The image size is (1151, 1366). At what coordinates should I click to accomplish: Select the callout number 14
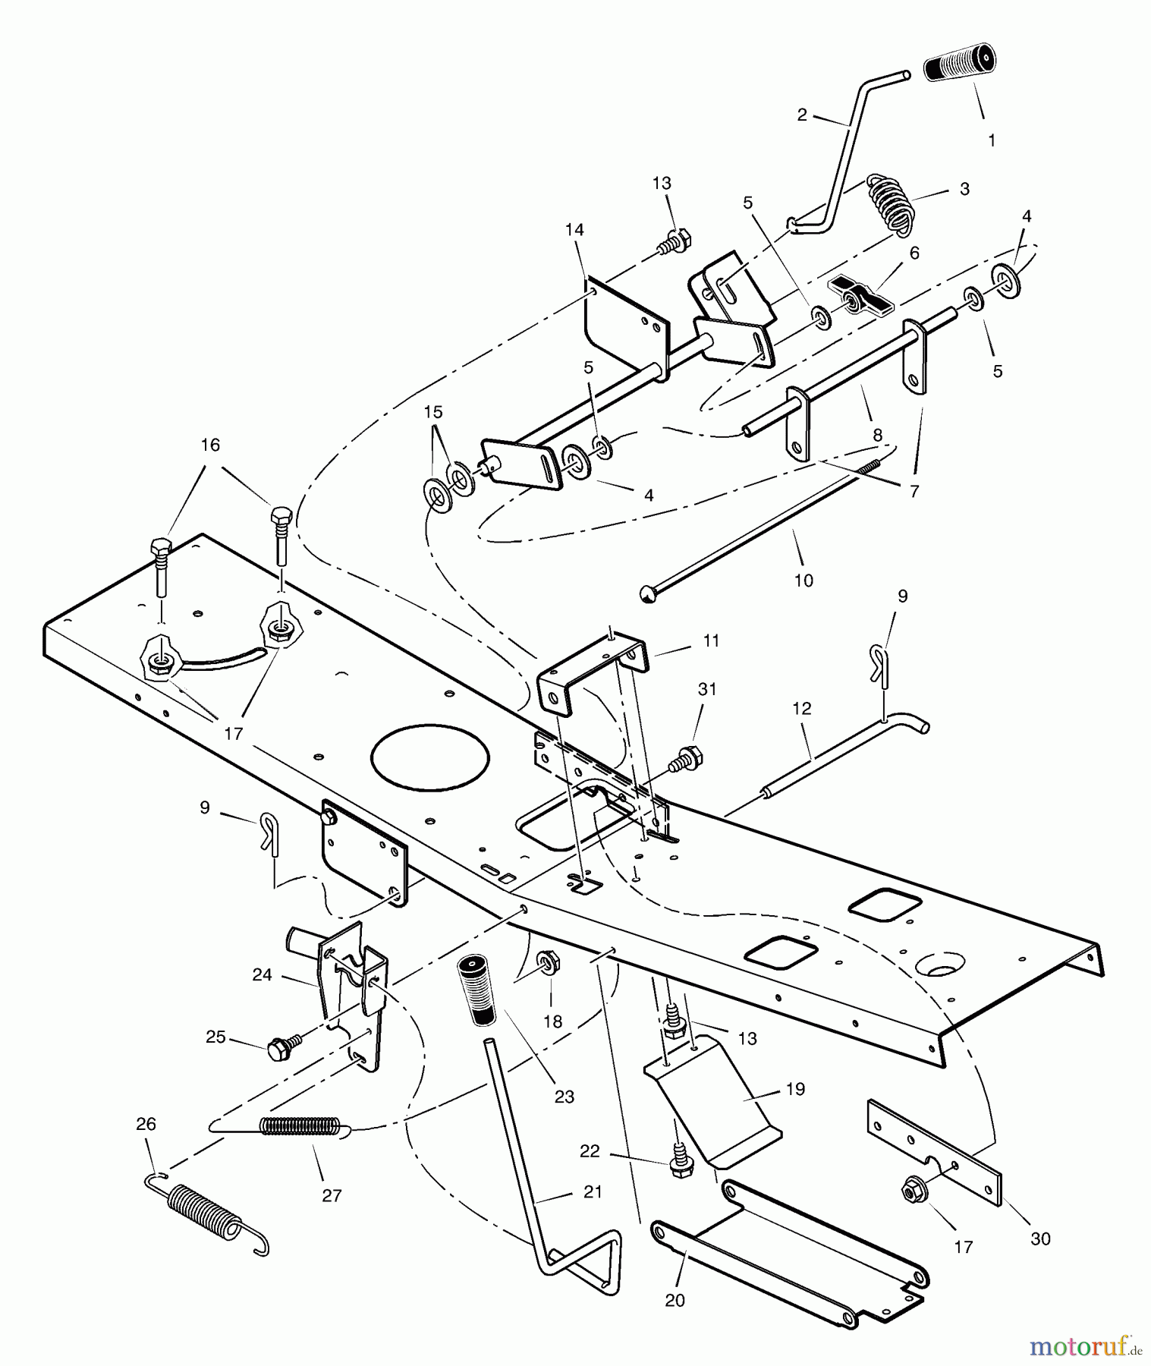click(x=574, y=229)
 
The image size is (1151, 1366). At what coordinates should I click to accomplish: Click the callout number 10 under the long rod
click(x=803, y=581)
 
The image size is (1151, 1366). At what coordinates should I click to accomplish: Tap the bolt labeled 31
click(x=689, y=758)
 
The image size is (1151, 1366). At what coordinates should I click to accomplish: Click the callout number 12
click(x=801, y=708)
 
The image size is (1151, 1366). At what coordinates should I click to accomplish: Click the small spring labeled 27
click(x=300, y=1124)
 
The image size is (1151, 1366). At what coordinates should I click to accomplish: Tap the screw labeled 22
click(x=681, y=1166)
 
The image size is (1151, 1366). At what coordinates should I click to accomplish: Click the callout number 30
click(x=1040, y=1239)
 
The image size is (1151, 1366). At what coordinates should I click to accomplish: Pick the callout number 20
click(x=675, y=1300)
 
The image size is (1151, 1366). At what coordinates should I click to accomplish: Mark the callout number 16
click(x=210, y=445)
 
